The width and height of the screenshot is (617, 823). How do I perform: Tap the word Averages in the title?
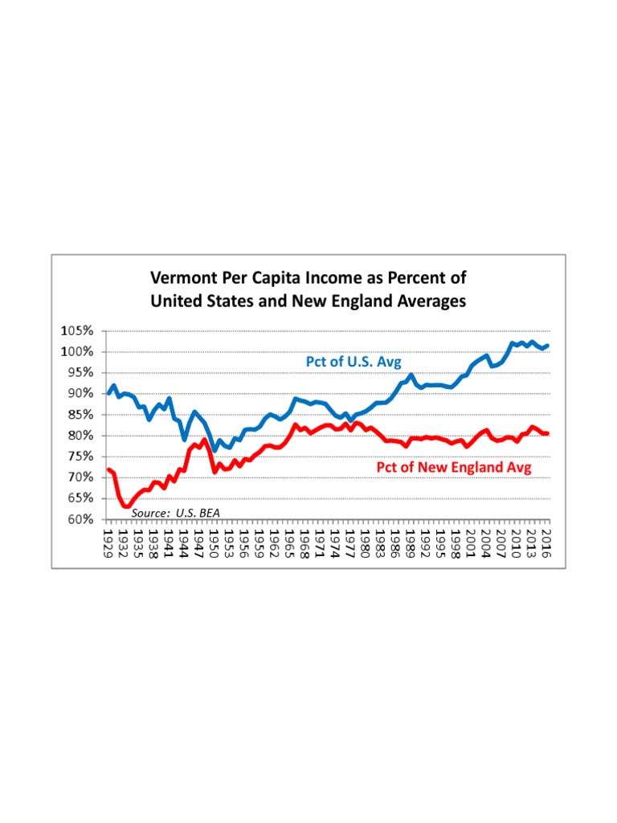(426, 302)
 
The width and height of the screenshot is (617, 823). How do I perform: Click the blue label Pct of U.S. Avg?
(353, 362)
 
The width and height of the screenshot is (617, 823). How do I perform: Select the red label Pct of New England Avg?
(454, 468)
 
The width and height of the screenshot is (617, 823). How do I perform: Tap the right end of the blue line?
(548, 346)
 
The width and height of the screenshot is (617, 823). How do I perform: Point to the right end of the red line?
(548, 433)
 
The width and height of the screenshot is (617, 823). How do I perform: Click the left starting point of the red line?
(108, 469)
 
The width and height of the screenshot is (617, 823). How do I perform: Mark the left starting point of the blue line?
(108, 394)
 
